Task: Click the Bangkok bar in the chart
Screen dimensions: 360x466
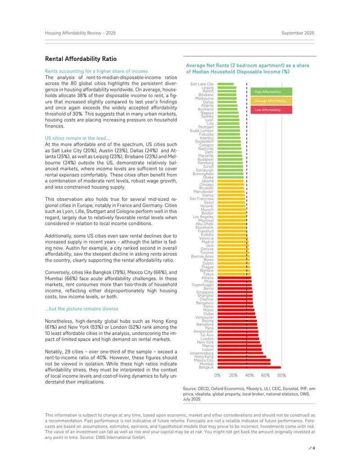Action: (249, 367)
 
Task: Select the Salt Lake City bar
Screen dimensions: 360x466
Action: (225, 84)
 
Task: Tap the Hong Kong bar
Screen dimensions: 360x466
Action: (242, 357)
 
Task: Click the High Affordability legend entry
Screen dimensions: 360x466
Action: (271, 91)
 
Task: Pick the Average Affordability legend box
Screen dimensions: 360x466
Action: (271, 101)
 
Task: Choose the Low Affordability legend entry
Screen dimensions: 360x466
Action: (271, 110)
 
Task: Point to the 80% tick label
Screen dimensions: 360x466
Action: (282, 376)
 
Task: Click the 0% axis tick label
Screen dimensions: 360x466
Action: (217, 376)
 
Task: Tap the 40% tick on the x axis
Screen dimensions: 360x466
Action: (249, 376)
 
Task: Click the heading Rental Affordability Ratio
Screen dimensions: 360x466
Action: (81, 59)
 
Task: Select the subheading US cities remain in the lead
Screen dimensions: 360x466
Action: (77, 138)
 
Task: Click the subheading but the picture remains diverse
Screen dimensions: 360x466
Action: (82, 309)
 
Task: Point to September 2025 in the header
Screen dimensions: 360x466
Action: (298, 33)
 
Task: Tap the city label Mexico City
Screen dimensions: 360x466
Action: (204, 360)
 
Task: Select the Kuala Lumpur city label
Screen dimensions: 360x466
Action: (202, 131)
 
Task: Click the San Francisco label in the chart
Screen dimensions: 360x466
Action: (202, 199)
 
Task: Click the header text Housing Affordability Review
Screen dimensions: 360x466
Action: (73, 33)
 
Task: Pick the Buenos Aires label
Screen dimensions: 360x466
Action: (202, 256)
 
